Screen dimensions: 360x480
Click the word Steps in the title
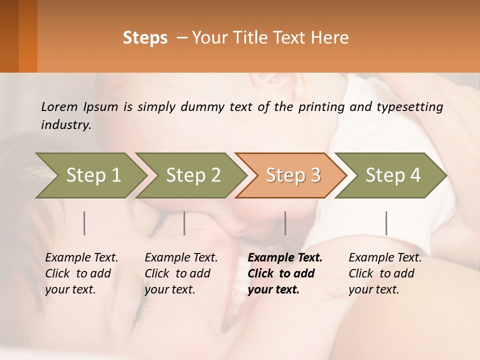[145, 38]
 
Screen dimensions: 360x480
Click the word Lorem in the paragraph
[59, 107]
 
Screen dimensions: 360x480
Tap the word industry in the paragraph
[66, 125]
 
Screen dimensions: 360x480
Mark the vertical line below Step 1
[84, 223]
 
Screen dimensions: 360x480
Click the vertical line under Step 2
[184, 223]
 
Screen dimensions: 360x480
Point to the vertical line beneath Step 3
[285, 223]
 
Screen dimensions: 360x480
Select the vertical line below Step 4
[386, 223]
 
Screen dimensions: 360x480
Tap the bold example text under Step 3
[284, 273]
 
